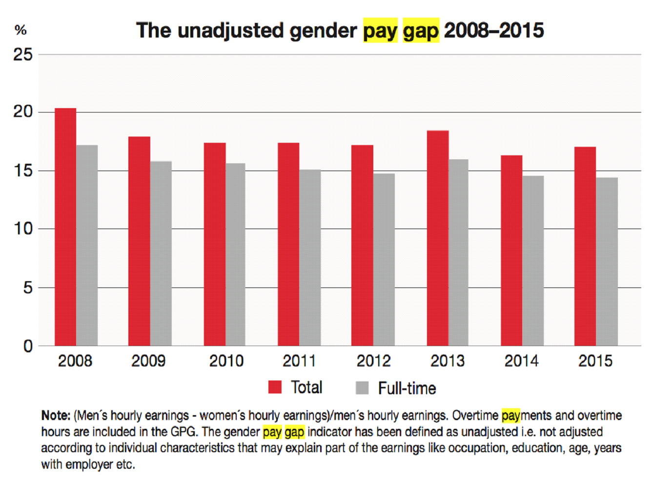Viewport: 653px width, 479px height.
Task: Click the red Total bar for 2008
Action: coord(65,227)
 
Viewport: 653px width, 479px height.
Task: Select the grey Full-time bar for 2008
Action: coord(87,245)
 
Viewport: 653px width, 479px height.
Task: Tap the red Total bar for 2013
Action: coord(438,238)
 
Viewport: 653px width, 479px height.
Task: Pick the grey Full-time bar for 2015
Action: coord(607,262)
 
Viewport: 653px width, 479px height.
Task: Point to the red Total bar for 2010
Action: coord(215,244)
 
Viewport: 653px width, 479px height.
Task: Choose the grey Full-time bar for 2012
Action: coord(384,259)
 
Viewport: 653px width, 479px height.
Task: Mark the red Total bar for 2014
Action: coord(511,250)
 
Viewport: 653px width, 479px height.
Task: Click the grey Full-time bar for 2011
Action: coord(310,257)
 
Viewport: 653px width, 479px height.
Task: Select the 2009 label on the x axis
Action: coord(148,361)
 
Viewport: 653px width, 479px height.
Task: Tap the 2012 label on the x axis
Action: coord(373,361)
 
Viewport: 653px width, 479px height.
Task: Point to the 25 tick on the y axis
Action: coord(23,55)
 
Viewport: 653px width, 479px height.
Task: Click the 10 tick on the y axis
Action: coord(23,229)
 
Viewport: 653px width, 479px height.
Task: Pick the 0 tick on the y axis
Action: coord(28,346)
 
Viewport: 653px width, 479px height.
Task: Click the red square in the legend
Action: coord(275,387)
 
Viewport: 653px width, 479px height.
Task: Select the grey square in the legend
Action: coord(362,388)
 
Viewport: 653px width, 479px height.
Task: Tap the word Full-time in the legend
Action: coord(407,388)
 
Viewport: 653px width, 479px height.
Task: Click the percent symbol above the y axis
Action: coord(20,30)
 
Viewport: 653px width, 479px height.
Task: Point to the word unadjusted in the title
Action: coord(230,31)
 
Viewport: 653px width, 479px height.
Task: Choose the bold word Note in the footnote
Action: coord(56,416)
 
